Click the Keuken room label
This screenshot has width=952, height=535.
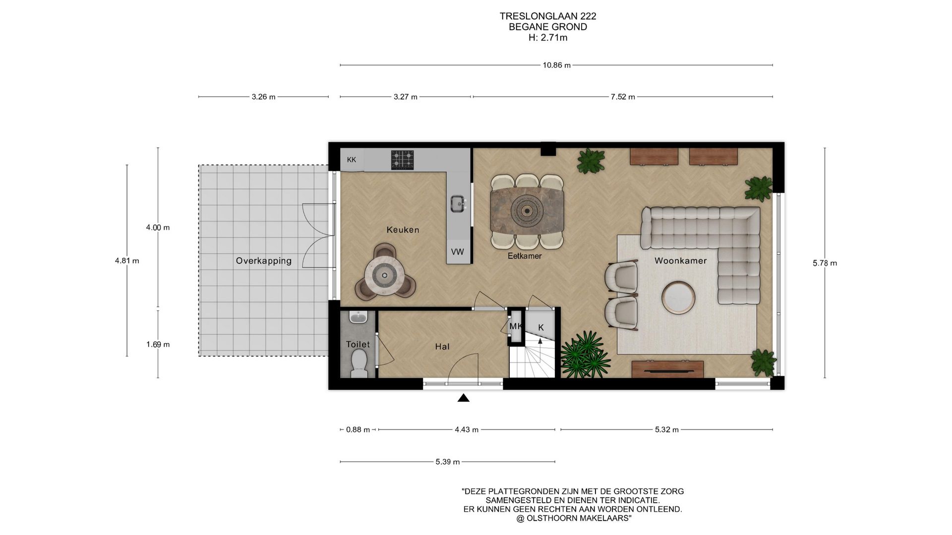click(x=403, y=230)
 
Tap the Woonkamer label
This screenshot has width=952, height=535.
click(x=680, y=261)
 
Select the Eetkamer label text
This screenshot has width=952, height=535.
click(x=525, y=256)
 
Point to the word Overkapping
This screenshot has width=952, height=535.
click(x=263, y=261)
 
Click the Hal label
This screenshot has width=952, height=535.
click(x=442, y=347)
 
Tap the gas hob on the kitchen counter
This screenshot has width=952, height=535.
click(x=402, y=160)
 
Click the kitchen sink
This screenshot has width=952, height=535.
click(x=458, y=203)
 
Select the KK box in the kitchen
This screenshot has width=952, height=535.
click(x=352, y=160)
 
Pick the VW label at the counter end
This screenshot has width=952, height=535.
click(x=458, y=252)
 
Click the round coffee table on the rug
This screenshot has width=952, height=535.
click(x=678, y=297)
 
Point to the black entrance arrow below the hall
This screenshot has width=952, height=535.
click(x=464, y=398)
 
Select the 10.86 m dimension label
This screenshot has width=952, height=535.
click(x=556, y=65)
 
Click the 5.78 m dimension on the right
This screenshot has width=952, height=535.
click(x=825, y=263)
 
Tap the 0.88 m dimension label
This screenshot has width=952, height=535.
click(x=358, y=429)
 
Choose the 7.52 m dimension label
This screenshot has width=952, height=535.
click(x=623, y=97)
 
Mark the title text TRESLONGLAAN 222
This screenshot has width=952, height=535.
click(x=548, y=16)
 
